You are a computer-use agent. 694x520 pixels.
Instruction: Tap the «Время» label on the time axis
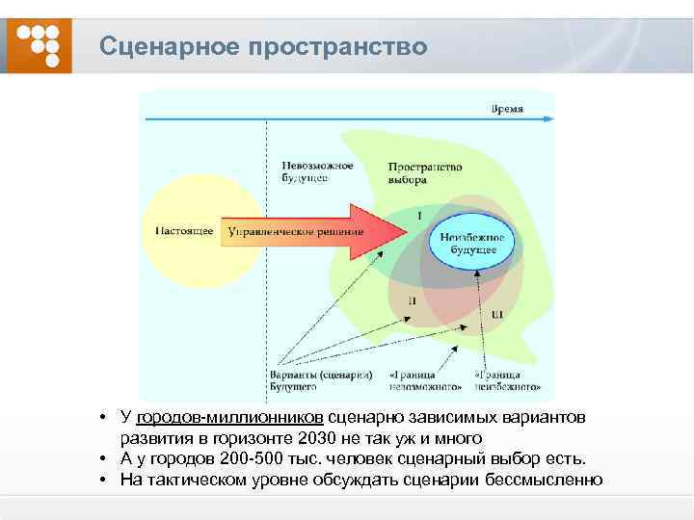(x=507, y=109)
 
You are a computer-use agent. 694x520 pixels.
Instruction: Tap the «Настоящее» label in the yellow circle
(x=183, y=231)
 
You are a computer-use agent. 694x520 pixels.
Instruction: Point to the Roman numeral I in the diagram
(x=419, y=214)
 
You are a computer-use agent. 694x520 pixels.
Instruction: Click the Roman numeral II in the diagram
(x=414, y=300)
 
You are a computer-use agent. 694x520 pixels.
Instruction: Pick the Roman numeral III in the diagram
(x=497, y=314)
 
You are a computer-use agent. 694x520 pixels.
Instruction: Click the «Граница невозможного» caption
(x=425, y=380)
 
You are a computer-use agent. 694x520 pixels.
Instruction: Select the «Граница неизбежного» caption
(x=507, y=380)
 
